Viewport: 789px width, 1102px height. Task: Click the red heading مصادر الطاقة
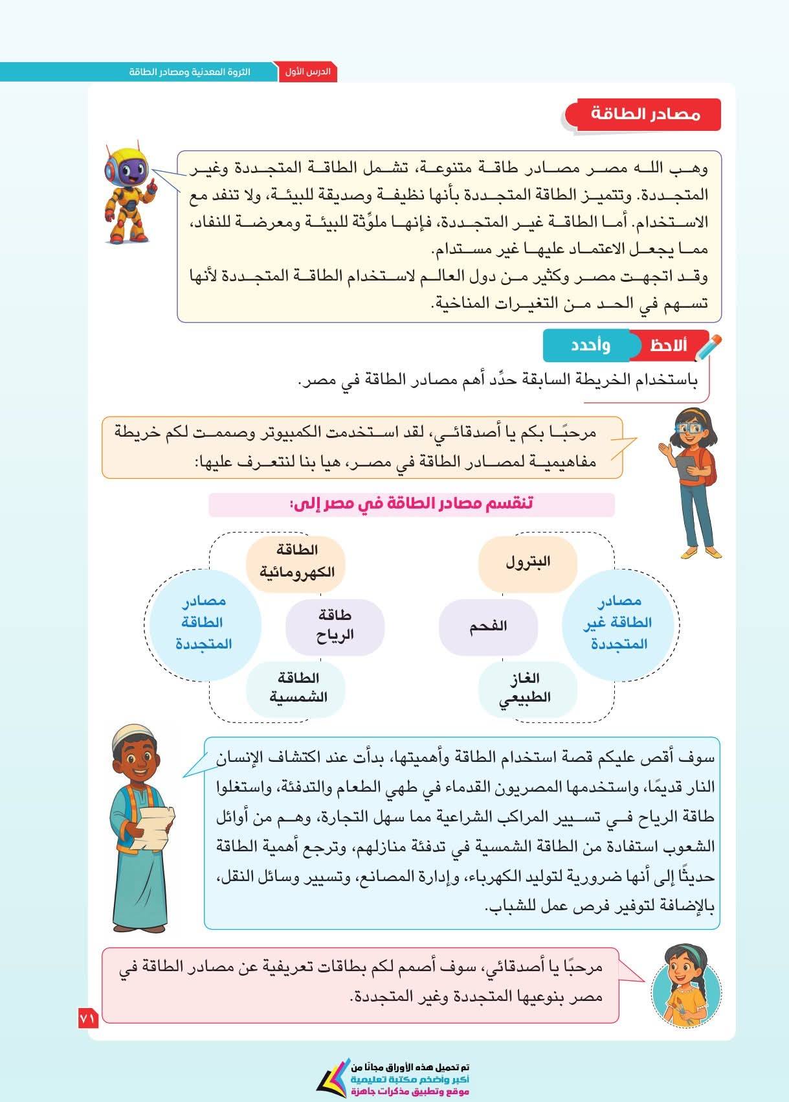(x=645, y=115)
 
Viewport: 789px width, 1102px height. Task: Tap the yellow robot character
(x=129, y=191)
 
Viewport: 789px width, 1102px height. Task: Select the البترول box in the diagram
(x=528, y=562)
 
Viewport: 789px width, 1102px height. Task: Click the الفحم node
(x=488, y=626)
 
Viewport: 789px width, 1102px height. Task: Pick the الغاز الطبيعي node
(x=528, y=688)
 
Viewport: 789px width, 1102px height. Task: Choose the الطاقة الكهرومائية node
(x=296, y=562)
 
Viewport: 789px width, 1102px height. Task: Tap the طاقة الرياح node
(x=335, y=626)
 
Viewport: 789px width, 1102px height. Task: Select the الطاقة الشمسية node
(x=296, y=688)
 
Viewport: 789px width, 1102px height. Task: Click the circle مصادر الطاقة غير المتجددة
(x=618, y=623)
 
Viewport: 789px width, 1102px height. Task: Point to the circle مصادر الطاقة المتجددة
(x=205, y=623)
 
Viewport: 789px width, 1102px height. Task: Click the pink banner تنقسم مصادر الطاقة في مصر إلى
(x=412, y=504)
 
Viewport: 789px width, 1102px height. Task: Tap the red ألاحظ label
(x=668, y=345)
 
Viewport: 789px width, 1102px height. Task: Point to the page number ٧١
(x=87, y=1019)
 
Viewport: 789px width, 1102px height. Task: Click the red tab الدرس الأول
(x=307, y=72)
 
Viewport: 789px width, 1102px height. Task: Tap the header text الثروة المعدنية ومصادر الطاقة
(x=190, y=72)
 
